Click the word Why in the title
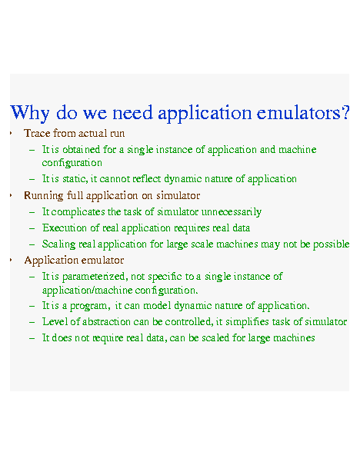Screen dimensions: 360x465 (29, 113)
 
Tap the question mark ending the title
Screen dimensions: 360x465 (345, 111)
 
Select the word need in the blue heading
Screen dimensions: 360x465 (132, 112)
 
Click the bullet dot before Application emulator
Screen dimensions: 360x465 (11, 261)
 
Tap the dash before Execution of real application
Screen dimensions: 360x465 (32, 228)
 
